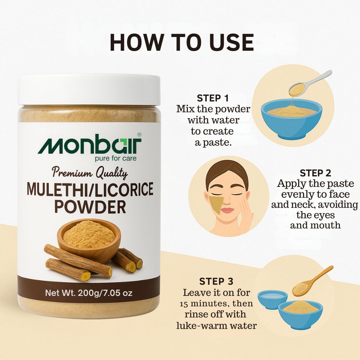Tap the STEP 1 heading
pos(213,98)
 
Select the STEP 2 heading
pos(315,173)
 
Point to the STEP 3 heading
pos(216,281)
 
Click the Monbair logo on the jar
pos(90,144)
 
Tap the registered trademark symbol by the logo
pos(139,135)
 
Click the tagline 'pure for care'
pos(116,158)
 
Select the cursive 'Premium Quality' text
pos(90,173)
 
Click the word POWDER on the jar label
pos(90,207)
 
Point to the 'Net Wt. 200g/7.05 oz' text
pos(89,293)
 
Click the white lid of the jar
pos(89,90)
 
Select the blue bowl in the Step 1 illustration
pos(291,119)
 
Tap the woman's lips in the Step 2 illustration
pos(226,210)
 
